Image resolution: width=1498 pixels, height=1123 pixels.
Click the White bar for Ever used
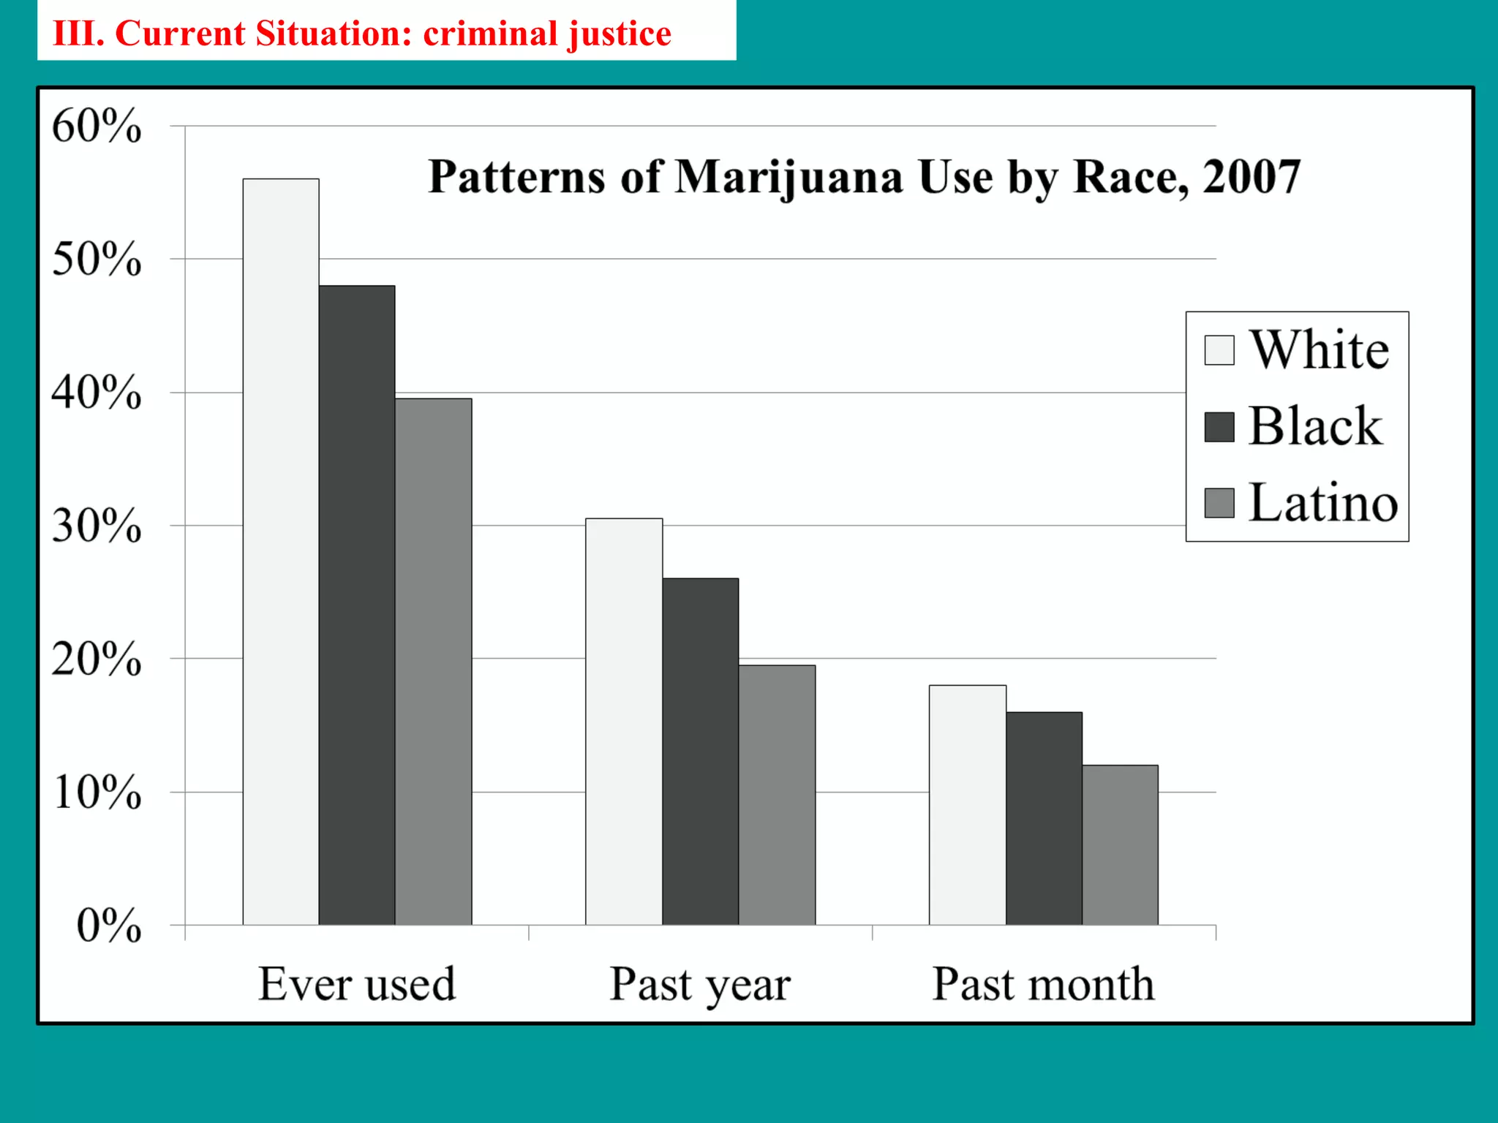click(281, 552)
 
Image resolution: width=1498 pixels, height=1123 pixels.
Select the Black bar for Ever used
click(357, 605)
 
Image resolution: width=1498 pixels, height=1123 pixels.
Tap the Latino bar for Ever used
click(434, 662)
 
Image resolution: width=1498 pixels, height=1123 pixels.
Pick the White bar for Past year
click(624, 722)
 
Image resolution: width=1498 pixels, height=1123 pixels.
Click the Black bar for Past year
click(701, 752)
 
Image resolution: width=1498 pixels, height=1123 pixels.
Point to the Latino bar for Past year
click(777, 795)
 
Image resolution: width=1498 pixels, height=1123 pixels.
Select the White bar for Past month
click(968, 805)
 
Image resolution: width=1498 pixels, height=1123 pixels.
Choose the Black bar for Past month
click(1044, 818)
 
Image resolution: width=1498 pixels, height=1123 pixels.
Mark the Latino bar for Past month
click(1120, 845)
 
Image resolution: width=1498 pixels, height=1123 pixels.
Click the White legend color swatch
click(1219, 350)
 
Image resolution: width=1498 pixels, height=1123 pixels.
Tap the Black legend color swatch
click(1219, 427)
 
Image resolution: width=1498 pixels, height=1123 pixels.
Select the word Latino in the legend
click(1323, 503)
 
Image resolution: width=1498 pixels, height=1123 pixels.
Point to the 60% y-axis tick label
click(96, 126)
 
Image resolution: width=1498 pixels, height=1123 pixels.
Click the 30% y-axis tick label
click(96, 526)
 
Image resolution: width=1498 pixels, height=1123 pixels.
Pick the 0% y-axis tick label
click(109, 926)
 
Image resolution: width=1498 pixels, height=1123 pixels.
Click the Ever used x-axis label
click(357, 984)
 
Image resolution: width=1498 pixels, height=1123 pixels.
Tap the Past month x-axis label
click(1044, 984)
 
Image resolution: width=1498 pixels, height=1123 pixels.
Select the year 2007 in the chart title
click(1252, 177)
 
